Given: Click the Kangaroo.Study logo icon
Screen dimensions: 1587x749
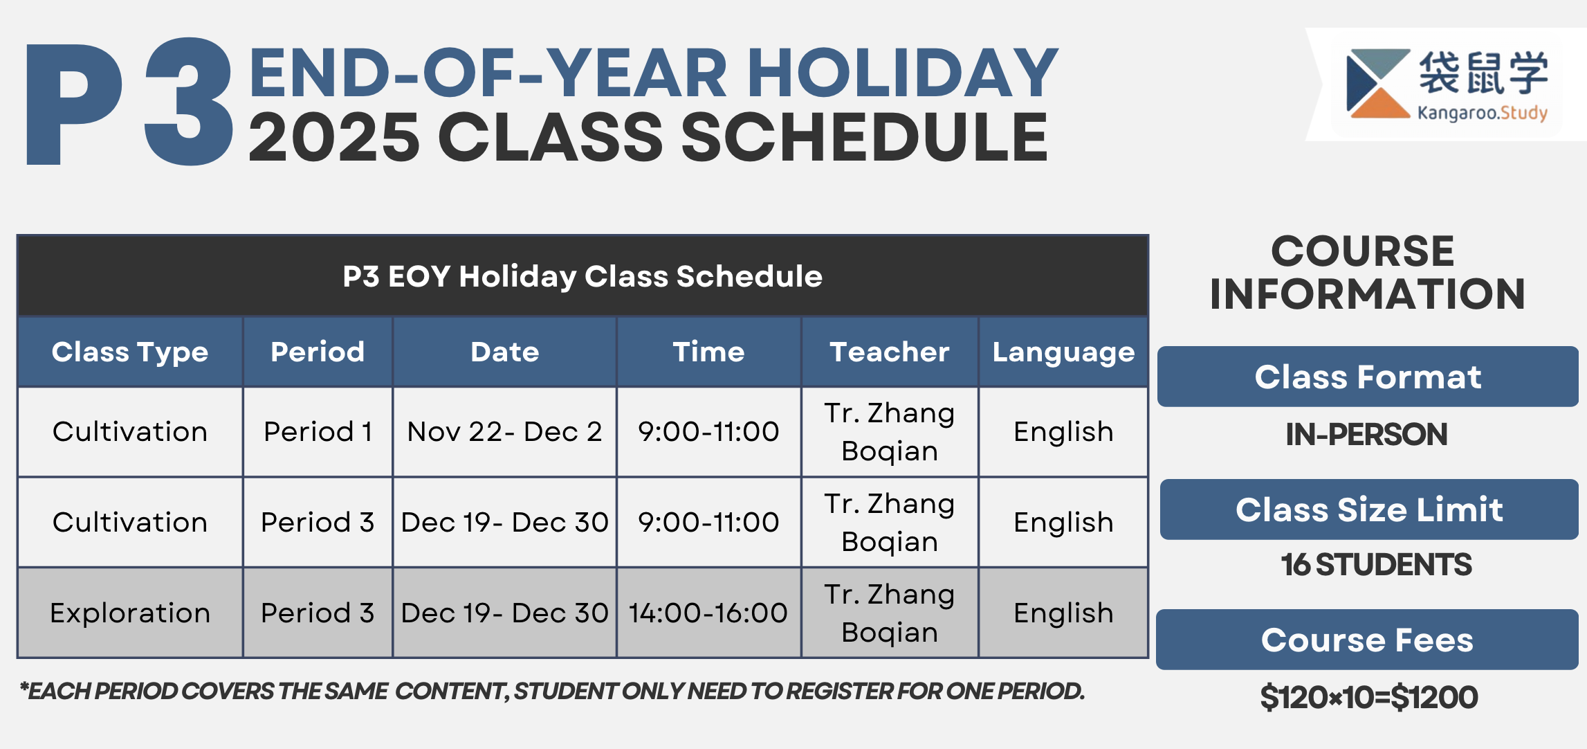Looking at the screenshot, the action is click(1378, 84).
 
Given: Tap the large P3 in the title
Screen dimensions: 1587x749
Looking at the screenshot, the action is click(129, 102).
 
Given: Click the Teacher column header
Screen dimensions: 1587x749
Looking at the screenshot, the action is click(890, 352).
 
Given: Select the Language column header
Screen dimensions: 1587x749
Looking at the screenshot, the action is click(1063, 352).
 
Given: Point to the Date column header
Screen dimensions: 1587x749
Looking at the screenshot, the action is click(505, 352).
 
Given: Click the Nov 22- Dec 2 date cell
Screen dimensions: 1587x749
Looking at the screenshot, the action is click(505, 431).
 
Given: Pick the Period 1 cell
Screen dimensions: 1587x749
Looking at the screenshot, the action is click(318, 431).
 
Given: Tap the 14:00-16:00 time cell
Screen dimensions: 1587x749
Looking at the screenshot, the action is click(708, 613).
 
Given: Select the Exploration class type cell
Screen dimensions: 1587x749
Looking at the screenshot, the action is click(130, 613).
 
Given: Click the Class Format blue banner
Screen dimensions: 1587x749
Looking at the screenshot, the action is click(1368, 377).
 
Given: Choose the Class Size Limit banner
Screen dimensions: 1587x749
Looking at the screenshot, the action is click(1369, 509).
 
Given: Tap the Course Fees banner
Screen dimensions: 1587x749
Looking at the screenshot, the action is click(1367, 640).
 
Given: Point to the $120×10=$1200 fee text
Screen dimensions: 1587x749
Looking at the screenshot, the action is click(1369, 697).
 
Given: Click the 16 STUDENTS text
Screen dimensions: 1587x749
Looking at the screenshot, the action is click(1376, 564).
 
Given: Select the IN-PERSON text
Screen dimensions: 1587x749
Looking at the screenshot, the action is click(1366, 435).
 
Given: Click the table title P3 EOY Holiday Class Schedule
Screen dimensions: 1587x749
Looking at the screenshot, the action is click(582, 276).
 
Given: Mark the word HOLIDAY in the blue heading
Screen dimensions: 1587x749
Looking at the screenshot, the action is click(903, 73).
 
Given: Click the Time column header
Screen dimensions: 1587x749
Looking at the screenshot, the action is click(708, 352).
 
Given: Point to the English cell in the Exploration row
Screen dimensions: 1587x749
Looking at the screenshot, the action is click(1063, 613).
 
